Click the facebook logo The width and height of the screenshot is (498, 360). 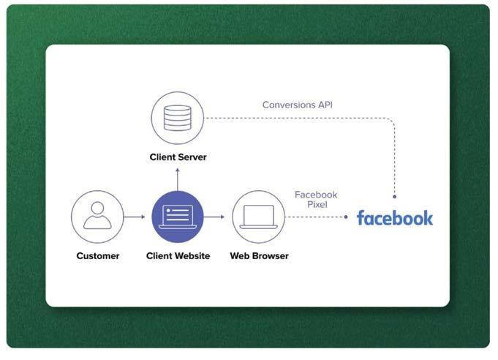(x=395, y=218)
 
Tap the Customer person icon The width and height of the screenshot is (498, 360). (x=97, y=217)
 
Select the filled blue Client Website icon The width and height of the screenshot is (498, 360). (x=178, y=217)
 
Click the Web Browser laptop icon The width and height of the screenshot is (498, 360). (x=258, y=217)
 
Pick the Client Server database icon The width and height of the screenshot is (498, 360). (x=177, y=118)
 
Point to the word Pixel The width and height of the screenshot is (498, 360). (x=316, y=206)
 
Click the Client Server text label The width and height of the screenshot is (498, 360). (x=178, y=157)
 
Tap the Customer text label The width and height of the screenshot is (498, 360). (x=97, y=256)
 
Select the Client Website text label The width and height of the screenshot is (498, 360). (x=178, y=256)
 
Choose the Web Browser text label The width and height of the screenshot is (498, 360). (x=259, y=256)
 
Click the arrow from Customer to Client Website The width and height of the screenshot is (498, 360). (x=135, y=217)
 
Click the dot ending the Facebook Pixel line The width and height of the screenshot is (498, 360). (x=345, y=217)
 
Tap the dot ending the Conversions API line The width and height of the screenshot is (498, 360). (x=395, y=196)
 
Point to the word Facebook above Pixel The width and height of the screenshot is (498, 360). (x=316, y=195)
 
